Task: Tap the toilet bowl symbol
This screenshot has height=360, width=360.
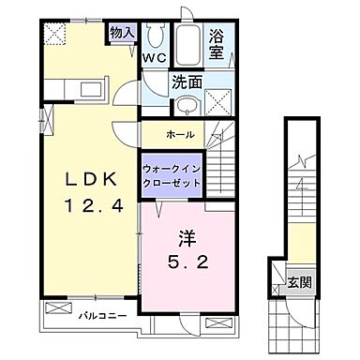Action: click(x=156, y=35)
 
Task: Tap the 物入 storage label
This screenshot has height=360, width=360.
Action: click(x=123, y=33)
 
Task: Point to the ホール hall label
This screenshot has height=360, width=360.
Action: click(x=180, y=133)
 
